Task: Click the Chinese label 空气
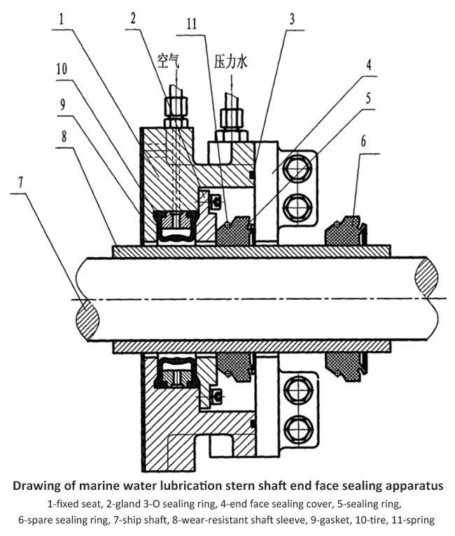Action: [x=170, y=61]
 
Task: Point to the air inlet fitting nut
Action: [x=171, y=108]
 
